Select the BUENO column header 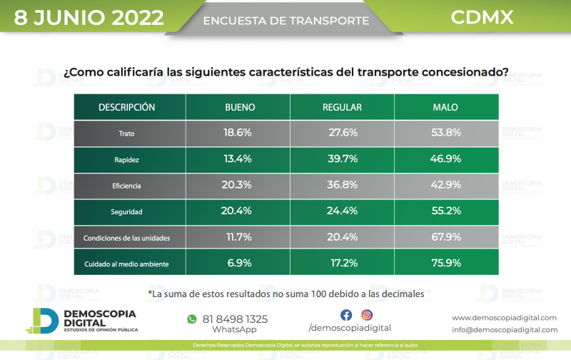point(238,107)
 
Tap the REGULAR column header point(342,107)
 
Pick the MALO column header point(445,107)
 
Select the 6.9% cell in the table point(238,263)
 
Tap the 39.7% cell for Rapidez point(342,159)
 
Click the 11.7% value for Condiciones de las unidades point(238,237)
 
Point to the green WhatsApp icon point(191,319)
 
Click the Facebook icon point(346,315)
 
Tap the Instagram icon point(367,315)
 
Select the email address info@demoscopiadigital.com point(505,329)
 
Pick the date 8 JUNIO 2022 point(89,17)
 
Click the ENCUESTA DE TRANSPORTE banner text point(286,21)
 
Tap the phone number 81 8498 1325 point(236,319)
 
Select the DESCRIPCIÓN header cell point(127,107)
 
